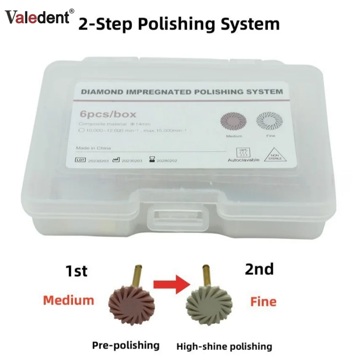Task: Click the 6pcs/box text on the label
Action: pyautogui.click(x=100, y=115)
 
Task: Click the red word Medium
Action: pyautogui.click(x=69, y=300)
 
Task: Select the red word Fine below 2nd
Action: pyautogui.click(x=264, y=301)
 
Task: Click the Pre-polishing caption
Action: pyautogui.click(x=126, y=345)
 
